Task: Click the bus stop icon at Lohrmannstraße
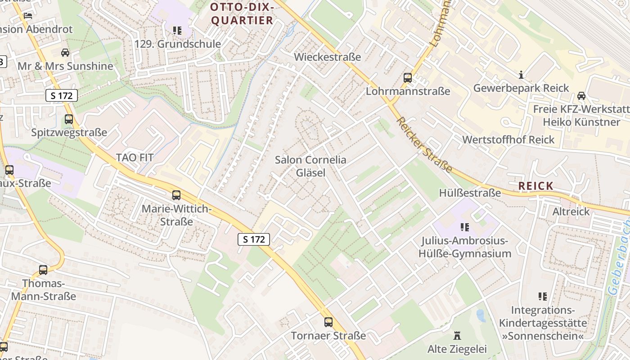pos(408,77)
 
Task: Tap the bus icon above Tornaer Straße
pos(328,322)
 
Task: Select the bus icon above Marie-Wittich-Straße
pos(176,195)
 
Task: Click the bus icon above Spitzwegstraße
pos(69,119)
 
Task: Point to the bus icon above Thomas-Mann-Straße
pos(43,270)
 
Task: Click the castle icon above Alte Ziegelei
pos(457,336)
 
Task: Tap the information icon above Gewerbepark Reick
pos(521,74)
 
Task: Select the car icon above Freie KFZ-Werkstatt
pos(581,95)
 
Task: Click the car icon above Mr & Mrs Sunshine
pos(65,53)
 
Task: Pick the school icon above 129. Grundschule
pos(177,31)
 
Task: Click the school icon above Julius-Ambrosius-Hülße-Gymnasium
pos(465,227)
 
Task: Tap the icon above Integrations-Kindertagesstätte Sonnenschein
pos(543,297)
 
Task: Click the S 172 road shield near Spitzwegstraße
pos(62,95)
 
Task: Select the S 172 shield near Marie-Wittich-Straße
pos(254,239)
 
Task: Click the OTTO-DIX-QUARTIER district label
pos(242,13)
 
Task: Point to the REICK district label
pos(535,186)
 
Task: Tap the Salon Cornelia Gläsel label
pos(310,166)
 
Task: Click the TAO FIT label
pos(135,157)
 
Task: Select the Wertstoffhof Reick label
pos(508,139)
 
